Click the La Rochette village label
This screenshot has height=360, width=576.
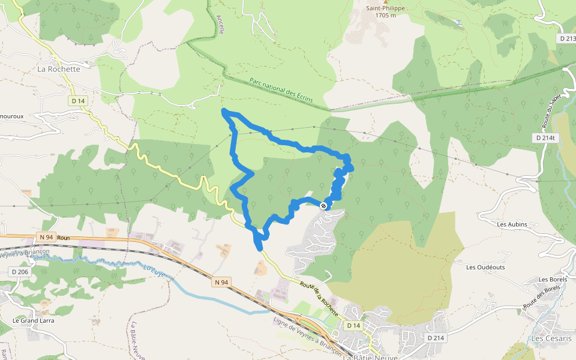click(58, 69)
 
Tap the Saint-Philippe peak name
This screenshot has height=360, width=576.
click(385, 8)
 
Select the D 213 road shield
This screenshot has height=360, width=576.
click(566, 38)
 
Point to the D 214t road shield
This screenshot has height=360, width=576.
click(544, 138)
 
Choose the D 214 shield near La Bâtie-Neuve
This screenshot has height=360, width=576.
click(436, 338)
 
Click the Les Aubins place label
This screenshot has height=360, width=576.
click(512, 224)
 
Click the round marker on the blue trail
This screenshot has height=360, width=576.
click(324, 206)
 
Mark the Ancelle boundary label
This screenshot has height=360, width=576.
click(221, 25)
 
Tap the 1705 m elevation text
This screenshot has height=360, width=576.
click(385, 16)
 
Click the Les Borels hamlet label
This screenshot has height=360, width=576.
click(553, 280)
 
